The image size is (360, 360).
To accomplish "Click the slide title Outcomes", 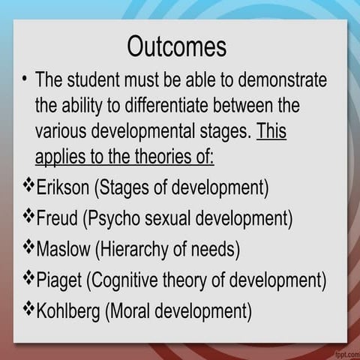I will tap(176, 46).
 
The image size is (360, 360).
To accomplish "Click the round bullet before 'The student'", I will tap(25, 80).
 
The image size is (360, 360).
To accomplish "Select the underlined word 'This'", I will tap(271, 132).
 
